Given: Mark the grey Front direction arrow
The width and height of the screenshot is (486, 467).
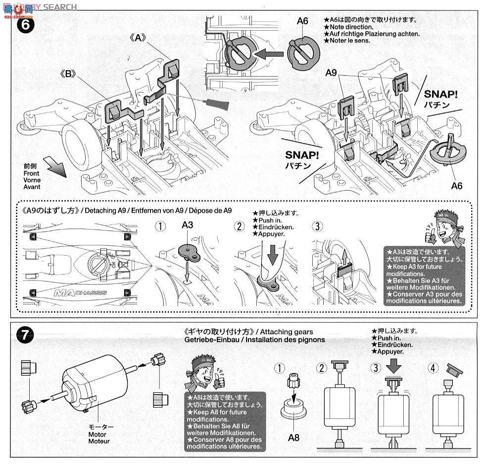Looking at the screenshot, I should (55, 166).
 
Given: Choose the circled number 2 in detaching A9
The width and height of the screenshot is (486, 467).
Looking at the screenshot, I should (240, 227).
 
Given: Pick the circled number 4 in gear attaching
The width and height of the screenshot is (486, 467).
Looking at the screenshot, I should (433, 368).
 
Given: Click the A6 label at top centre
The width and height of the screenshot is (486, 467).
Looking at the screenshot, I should (303, 21).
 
